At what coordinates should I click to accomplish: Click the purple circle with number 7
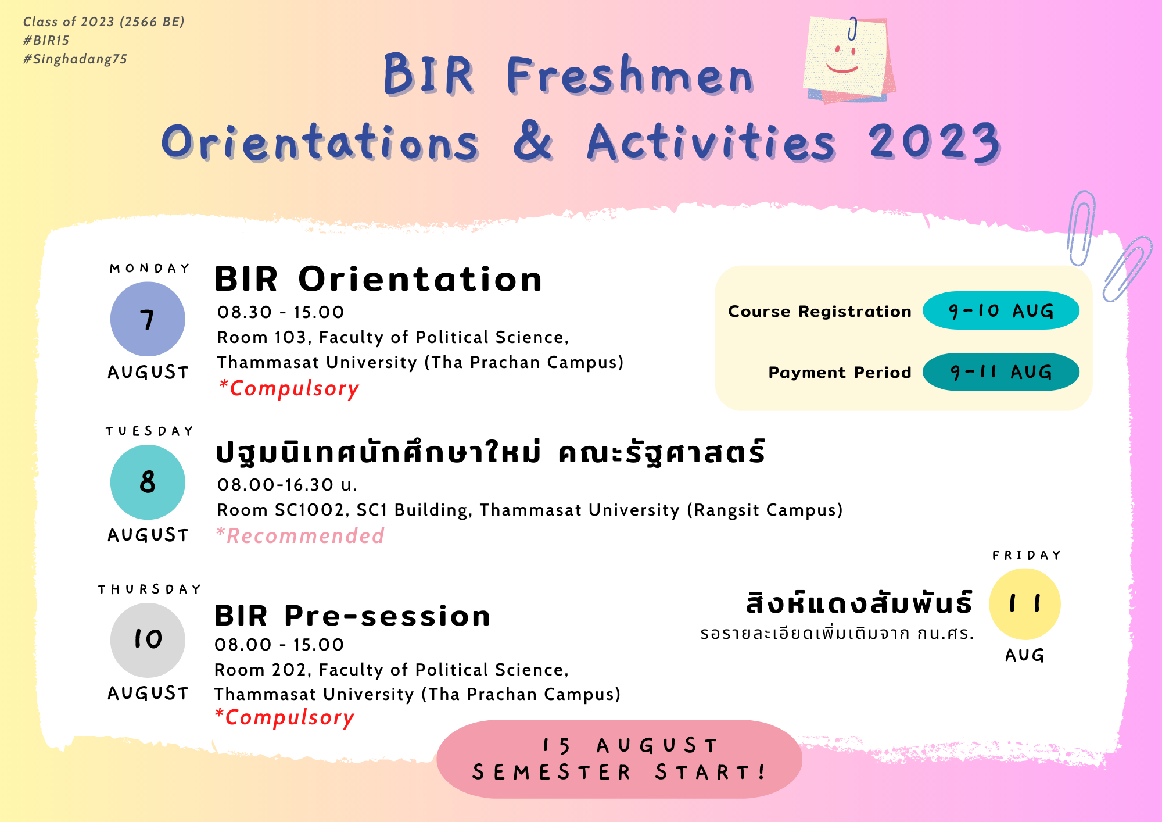pos(148,319)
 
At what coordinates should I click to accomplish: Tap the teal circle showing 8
pos(148,483)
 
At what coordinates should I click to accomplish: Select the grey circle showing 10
pos(148,640)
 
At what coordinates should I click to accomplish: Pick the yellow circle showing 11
pos(1025,604)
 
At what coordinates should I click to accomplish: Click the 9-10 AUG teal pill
pos(1001,310)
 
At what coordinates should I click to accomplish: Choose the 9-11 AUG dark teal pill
pos(1001,372)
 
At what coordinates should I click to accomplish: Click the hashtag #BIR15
pos(46,41)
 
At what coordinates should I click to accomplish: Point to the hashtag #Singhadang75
pos(75,59)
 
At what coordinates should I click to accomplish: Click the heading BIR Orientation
pos(378,279)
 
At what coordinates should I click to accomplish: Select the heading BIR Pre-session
pos(352,616)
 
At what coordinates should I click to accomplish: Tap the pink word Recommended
pos(300,535)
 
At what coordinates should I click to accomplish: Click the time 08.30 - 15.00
pos(281,312)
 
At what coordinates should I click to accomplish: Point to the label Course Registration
pos(820,312)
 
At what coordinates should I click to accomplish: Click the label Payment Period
pos(840,373)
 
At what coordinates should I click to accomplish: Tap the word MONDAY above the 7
pos(149,269)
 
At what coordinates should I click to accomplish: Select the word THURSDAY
pos(149,589)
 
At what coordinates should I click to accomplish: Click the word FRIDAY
pos(1027,556)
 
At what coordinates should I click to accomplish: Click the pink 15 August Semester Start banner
pos(619,759)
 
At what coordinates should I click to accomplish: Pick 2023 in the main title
pos(935,142)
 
